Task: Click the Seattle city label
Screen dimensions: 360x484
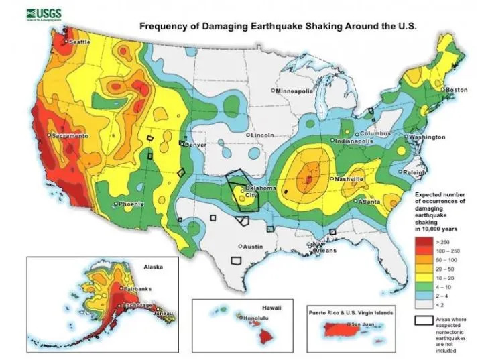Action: [79, 42]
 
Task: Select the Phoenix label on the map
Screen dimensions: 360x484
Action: [130, 203]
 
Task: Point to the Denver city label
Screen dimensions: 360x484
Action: [195, 145]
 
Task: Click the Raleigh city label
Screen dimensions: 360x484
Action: [415, 172]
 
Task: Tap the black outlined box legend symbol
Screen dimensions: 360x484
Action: [423, 320]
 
